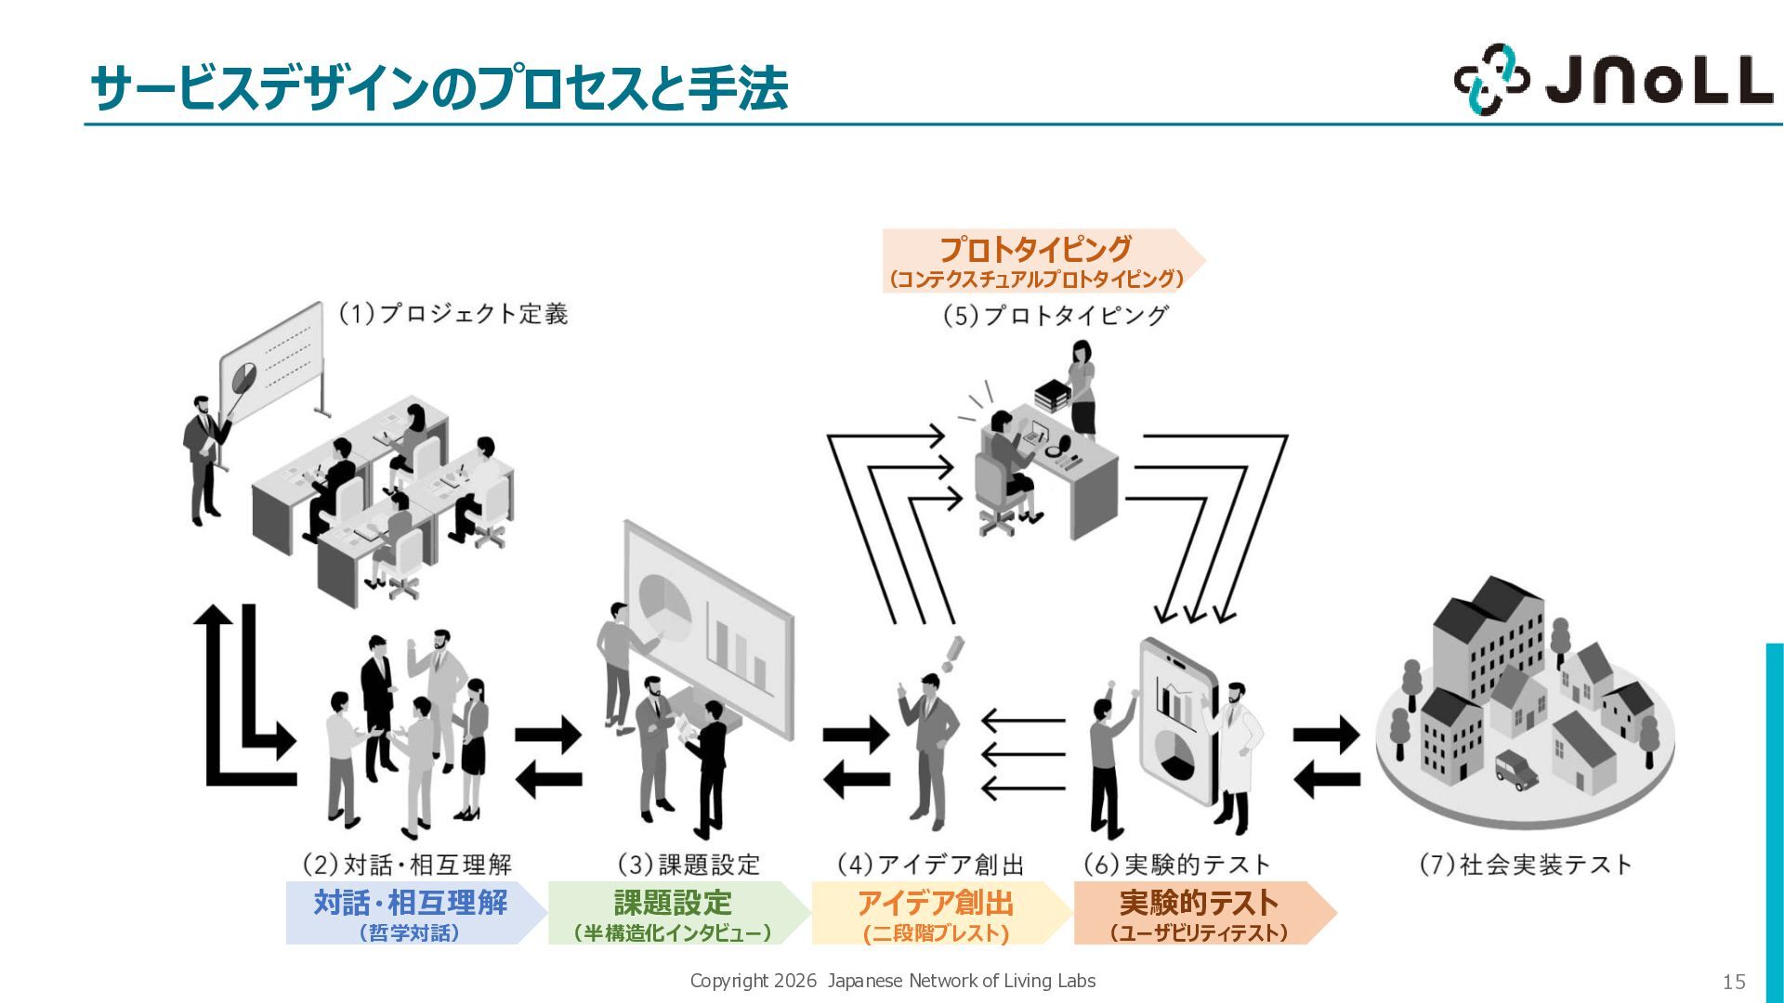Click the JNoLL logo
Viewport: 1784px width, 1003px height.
[x=1613, y=79]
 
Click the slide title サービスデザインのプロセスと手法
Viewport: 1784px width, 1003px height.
[x=439, y=88]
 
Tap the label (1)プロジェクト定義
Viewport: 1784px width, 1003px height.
[x=452, y=314]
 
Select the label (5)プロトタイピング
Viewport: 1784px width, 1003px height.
[x=1055, y=316]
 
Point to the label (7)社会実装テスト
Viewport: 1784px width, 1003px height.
[x=1525, y=865]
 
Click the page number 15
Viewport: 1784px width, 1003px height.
[x=1734, y=982]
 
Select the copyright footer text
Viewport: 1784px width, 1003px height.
[x=892, y=981]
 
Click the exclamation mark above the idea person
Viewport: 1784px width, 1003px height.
[x=951, y=654]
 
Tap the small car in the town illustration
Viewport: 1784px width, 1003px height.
[x=1515, y=769]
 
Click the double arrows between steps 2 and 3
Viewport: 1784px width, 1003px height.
[x=548, y=758]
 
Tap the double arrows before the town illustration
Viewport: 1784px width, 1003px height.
[x=1327, y=758]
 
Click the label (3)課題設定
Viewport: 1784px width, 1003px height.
[x=689, y=865]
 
